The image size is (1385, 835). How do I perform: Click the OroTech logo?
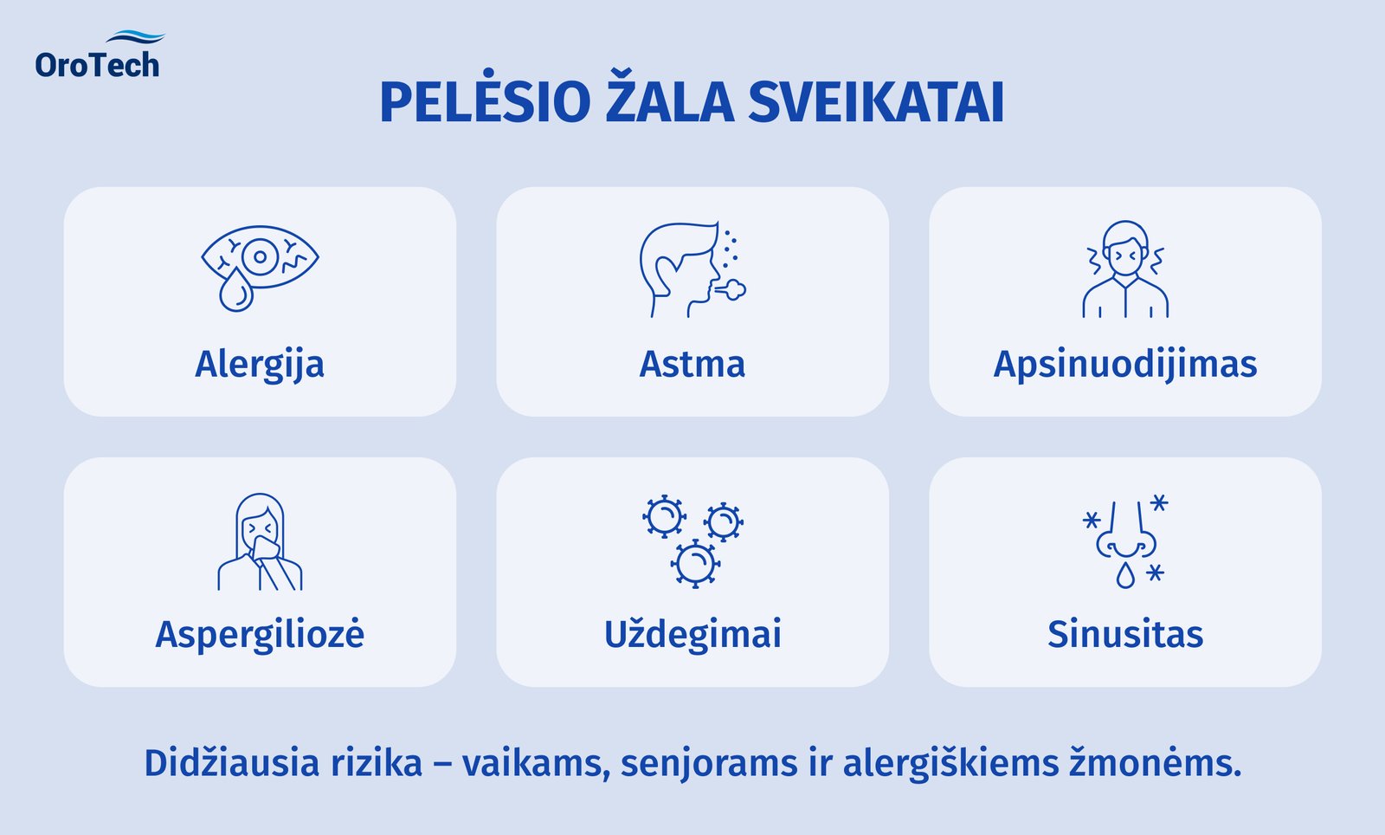coord(98,57)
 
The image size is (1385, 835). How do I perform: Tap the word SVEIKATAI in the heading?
coord(875,102)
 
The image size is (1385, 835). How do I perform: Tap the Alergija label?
coord(260,365)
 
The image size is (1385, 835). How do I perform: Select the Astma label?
coord(692,365)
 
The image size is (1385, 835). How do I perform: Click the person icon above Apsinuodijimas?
coord(1124,269)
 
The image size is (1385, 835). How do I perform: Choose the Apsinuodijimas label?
coord(1124,365)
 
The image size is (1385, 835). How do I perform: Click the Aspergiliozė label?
coord(260,634)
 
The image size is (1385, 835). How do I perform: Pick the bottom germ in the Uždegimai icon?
coord(694,564)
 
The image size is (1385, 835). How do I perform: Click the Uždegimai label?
coord(692,634)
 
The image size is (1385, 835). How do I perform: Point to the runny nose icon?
coord(1124,542)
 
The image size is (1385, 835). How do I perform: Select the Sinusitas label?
coord(1124,634)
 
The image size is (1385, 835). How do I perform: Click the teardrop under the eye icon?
coord(235,290)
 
